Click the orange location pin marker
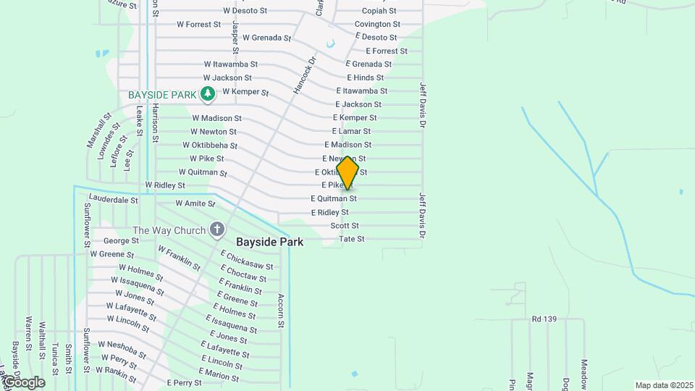pos(347,173)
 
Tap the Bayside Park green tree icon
pos(208,93)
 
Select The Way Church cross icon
pos(216,230)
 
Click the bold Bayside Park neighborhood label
pos(269,242)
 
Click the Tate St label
pos(352,239)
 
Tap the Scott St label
pos(345,226)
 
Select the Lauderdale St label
pos(113,198)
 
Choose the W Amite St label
pos(195,204)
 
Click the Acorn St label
pos(282,310)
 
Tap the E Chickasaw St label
pos(247,261)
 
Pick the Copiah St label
pos(379,11)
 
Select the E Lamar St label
pos(351,131)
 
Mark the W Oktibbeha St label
pos(214,145)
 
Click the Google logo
pos(23,382)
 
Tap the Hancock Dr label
pos(305,75)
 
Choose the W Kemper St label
pos(245,92)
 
